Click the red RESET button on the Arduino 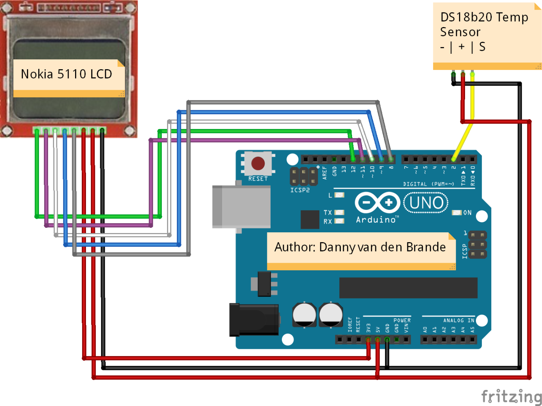coord(258,164)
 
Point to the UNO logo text coord(426,203)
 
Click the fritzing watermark coord(511,396)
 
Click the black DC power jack coord(254,320)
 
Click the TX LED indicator coord(339,212)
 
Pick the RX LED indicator coord(339,221)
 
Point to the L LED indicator coord(339,195)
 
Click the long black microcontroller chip coord(408,288)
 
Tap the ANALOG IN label coord(458,320)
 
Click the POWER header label coord(402,320)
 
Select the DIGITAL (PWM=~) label coord(428,184)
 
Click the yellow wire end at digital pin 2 coord(453,159)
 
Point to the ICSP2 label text coord(300,190)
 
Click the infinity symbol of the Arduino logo coord(377,203)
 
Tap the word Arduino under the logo coord(376,220)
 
